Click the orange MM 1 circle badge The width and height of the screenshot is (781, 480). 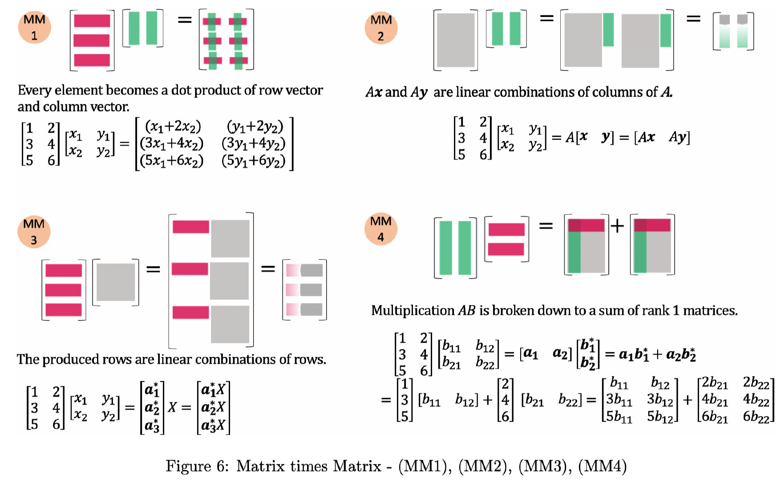point(34,28)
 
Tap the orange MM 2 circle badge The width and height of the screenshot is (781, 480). point(381,28)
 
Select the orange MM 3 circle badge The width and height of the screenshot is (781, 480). point(34,232)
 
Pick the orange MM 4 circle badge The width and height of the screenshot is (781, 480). point(380,229)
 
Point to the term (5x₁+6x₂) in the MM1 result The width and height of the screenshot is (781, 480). point(171,160)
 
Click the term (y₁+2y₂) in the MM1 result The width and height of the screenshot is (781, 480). point(255,127)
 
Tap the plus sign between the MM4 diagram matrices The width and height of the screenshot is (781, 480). point(617,226)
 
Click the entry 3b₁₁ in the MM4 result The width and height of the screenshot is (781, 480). point(619,400)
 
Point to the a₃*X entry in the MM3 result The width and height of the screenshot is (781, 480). point(213,425)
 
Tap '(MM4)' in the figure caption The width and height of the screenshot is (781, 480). point(602,466)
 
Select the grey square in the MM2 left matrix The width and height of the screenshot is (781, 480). point(455,40)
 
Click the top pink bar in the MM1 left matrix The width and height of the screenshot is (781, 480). point(92,21)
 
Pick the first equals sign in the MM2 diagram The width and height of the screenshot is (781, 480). point(546,18)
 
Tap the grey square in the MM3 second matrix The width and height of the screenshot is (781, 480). point(116,282)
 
